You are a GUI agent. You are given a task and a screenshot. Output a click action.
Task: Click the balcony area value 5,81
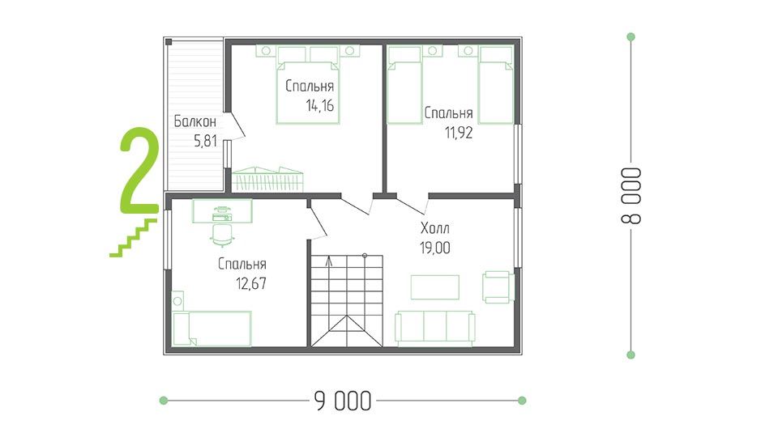click(x=205, y=141)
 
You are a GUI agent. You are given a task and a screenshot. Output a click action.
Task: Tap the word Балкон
click(x=195, y=121)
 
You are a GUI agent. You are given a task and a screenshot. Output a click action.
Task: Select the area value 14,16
click(x=320, y=105)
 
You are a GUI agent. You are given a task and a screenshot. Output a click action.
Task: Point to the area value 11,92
click(x=459, y=133)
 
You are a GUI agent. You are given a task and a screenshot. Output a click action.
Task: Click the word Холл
click(x=435, y=228)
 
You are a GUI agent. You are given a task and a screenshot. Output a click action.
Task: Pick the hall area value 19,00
click(x=435, y=248)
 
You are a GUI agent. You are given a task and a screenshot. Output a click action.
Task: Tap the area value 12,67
click(x=251, y=283)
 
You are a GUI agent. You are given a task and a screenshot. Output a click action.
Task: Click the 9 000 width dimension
click(x=343, y=401)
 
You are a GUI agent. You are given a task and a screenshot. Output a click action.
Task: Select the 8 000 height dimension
click(x=631, y=196)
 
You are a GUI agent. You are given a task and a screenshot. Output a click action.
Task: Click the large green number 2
click(x=139, y=169)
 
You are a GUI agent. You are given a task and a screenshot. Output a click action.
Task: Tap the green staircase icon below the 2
click(x=133, y=238)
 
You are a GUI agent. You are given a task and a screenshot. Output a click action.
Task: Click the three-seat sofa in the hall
click(x=435, y=327)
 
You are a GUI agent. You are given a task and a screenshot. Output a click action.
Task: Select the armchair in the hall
click(x=498, y=286)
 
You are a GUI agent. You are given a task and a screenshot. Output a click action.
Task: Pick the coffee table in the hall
click(x=435, y=287)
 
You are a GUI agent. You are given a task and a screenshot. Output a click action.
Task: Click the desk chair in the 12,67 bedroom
click(x=222, y=235)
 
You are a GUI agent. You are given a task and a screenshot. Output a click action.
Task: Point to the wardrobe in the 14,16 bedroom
click(x=267, y=179)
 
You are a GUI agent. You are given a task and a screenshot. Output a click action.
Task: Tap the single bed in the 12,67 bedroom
click(x=212, y=328)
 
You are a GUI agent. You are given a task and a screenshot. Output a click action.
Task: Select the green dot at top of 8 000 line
click(x=631, y=36)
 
